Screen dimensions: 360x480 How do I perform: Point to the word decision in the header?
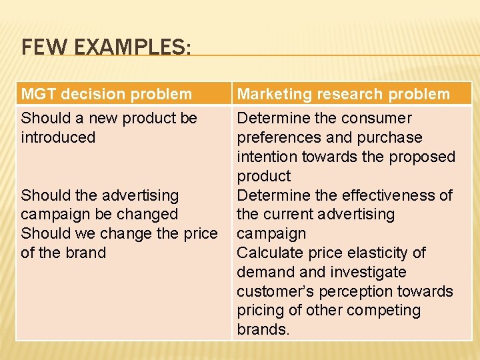pyautogui.click(x=90, y=94)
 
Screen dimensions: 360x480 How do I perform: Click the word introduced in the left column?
pyautogui.click(x=58, y=137)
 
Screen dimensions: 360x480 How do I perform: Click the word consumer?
pyautogui.click(x=377, y=118)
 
